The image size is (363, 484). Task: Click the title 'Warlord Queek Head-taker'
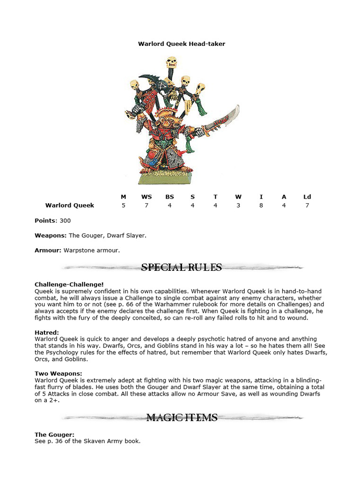click(181, 43)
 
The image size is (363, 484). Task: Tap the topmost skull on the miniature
click(172, 62)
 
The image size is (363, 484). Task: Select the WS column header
click(147, 197)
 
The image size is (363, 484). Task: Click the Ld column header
click(307, 197)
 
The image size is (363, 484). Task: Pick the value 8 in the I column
click(261, 205)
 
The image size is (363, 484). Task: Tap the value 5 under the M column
click(123, 205)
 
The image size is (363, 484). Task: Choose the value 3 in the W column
click(238, 205)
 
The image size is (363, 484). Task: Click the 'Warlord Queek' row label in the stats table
click(69, 205)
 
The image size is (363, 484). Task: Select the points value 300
click(65, 220)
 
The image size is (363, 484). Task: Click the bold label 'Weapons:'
click(51, 235)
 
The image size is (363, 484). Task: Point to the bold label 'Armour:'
click(48, 250)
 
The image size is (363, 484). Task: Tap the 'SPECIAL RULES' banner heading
click(181, 268)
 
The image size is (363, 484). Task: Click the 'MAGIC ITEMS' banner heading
click(181, 417)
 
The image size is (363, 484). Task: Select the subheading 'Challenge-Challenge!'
click(69, 284)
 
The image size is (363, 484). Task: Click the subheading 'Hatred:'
click(47, 332)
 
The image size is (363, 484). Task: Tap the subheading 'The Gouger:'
click(54, 434)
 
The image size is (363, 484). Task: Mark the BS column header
click(170, 197)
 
